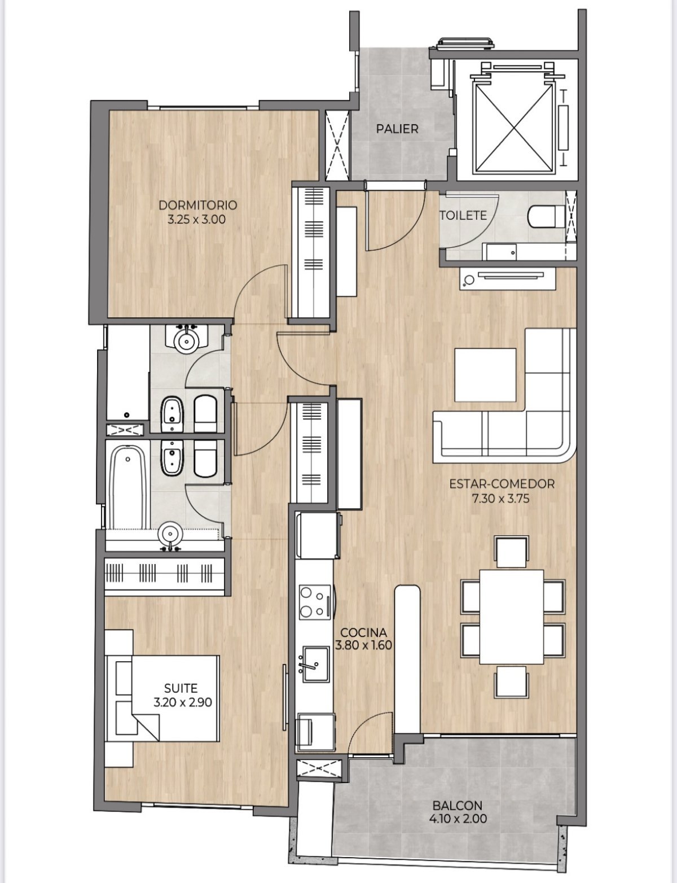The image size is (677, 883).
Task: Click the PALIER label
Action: [397, 129]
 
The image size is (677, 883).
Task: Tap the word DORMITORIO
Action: [197, 205]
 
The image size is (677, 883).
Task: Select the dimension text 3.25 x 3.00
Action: [197, 219]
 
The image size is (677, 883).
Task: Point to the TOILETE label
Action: [463, 215]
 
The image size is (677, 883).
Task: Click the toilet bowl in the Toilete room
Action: [545, 216]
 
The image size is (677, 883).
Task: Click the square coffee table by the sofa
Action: [485, 375]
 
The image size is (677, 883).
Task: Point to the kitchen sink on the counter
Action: [314, 665]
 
